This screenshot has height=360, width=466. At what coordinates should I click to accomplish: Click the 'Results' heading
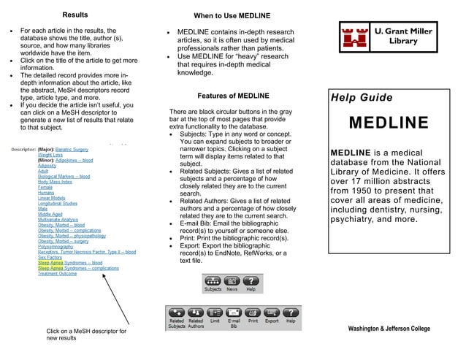[75, 15]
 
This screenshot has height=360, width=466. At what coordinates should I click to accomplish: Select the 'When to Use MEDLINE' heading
[232, 16]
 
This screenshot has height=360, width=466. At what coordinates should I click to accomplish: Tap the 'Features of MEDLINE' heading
[233, 96]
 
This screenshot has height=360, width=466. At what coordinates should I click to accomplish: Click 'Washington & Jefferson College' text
[389, 329]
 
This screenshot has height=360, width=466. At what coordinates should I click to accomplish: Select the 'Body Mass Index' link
[56, 181]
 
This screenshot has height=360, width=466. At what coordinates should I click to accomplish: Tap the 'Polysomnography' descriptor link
[56, 247]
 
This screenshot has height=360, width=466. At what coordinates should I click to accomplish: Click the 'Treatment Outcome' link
[57, 274]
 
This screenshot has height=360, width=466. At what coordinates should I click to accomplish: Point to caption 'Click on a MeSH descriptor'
[86, 332]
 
